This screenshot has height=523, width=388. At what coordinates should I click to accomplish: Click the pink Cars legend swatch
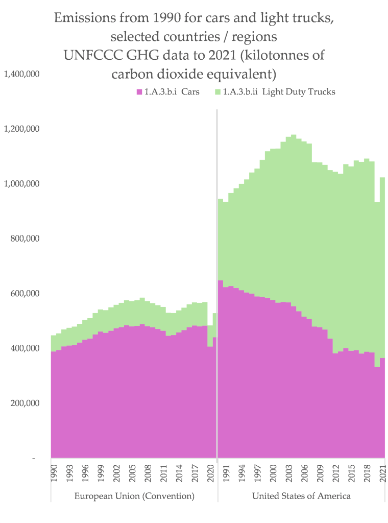tap(139, 92)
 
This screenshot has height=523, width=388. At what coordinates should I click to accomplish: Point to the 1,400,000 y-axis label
tap(21, 74)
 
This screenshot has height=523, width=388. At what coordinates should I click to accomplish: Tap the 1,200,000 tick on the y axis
tap(21, 129)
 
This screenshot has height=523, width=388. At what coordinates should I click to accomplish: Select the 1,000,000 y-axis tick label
tap(21, 184)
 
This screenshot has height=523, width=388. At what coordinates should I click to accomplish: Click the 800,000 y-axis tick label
tap(25, 239)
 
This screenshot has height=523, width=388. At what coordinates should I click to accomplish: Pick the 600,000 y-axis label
tap(25, 294)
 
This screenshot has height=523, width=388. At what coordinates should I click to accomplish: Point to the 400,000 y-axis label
tap(25, 348)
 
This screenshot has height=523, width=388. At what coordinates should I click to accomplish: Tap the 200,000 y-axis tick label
tap(25, 403)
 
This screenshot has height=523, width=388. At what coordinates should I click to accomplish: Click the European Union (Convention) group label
tap(134, 496)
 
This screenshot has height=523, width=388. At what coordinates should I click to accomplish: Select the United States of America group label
tap(301, 496)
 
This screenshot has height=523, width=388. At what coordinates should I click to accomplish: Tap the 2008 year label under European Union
tap(148, 472)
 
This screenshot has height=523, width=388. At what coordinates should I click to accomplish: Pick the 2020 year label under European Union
tap(210, 472)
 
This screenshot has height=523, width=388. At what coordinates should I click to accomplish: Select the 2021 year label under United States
tap(383, 472)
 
